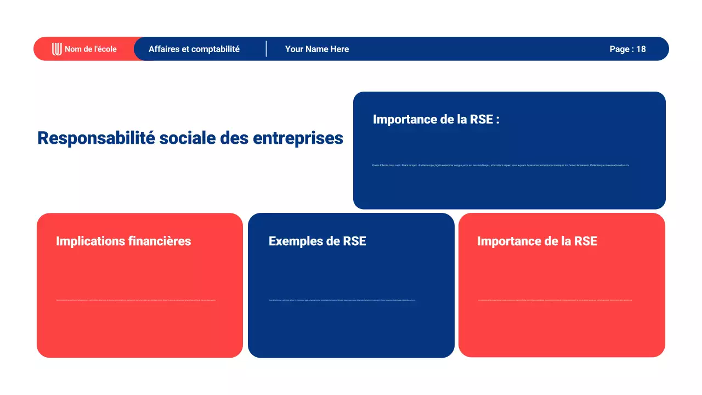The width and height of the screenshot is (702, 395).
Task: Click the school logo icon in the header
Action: pos(56,49)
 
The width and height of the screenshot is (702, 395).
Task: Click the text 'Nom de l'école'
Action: pos(90,49)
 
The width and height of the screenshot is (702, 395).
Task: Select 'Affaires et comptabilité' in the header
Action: pos(194,49)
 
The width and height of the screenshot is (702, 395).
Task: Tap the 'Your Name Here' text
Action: pos(316,49)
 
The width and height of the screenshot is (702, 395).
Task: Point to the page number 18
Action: pos(641,49)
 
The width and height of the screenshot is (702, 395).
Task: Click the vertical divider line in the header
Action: pos(267,49)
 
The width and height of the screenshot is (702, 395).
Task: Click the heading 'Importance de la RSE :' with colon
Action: pos(436,120)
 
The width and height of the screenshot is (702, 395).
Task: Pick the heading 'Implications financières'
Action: pos(123,241)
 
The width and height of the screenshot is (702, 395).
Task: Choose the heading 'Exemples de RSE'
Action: pos(317,241)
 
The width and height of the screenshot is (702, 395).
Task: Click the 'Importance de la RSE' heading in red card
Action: pos(537,241)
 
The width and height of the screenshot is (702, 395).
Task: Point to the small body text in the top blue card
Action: pos(501,165)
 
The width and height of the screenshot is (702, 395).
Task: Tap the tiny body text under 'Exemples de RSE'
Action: pos(342,300)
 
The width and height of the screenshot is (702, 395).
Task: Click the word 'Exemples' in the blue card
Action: pos(293,241)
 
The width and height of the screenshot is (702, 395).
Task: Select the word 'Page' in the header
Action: pos(619,49)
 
